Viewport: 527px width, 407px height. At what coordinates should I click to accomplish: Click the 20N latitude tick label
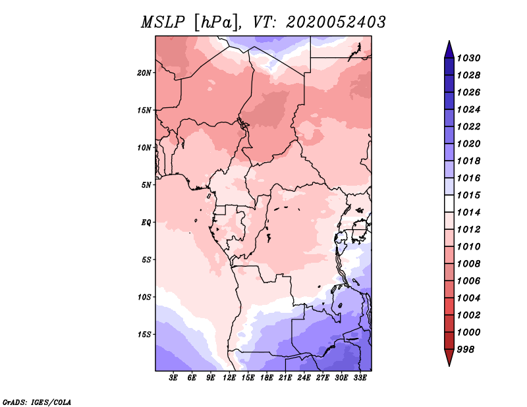[x=144, y=73]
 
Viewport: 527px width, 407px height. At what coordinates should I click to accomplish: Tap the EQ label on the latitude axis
[x=146, y=223]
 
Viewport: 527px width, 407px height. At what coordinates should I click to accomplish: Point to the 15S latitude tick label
[x=144, y=335]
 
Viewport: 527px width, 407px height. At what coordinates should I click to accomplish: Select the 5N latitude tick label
[x=146, y=185]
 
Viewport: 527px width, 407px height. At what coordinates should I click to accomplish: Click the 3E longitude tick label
[x=173, y=378]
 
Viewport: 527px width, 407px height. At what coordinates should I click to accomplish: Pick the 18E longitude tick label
[x=267, y=378]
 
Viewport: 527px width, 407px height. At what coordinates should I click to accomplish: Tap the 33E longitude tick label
[x=360, y=378]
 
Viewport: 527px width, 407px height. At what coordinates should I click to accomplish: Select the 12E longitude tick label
[x=229, y=378]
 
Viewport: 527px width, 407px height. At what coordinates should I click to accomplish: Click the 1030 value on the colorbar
[x=468, y=58]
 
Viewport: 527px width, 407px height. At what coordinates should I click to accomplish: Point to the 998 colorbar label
[x=466, y=350]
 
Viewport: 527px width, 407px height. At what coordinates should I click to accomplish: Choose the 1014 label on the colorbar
[x=468, y=213]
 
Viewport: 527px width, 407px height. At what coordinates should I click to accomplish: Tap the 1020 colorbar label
[x=468, y=144]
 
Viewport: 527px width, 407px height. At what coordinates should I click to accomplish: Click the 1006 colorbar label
[x=468, y=281]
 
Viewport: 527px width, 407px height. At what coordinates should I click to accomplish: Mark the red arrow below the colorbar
[x=449, y=356]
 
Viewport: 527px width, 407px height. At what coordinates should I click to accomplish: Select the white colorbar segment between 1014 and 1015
[x=449, y=203]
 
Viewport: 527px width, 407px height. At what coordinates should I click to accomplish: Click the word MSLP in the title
[x=163, y=22]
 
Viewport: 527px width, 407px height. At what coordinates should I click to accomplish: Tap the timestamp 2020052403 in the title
[x=336, y=22]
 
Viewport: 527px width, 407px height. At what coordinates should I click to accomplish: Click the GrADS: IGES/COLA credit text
[x=37, y=402]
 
